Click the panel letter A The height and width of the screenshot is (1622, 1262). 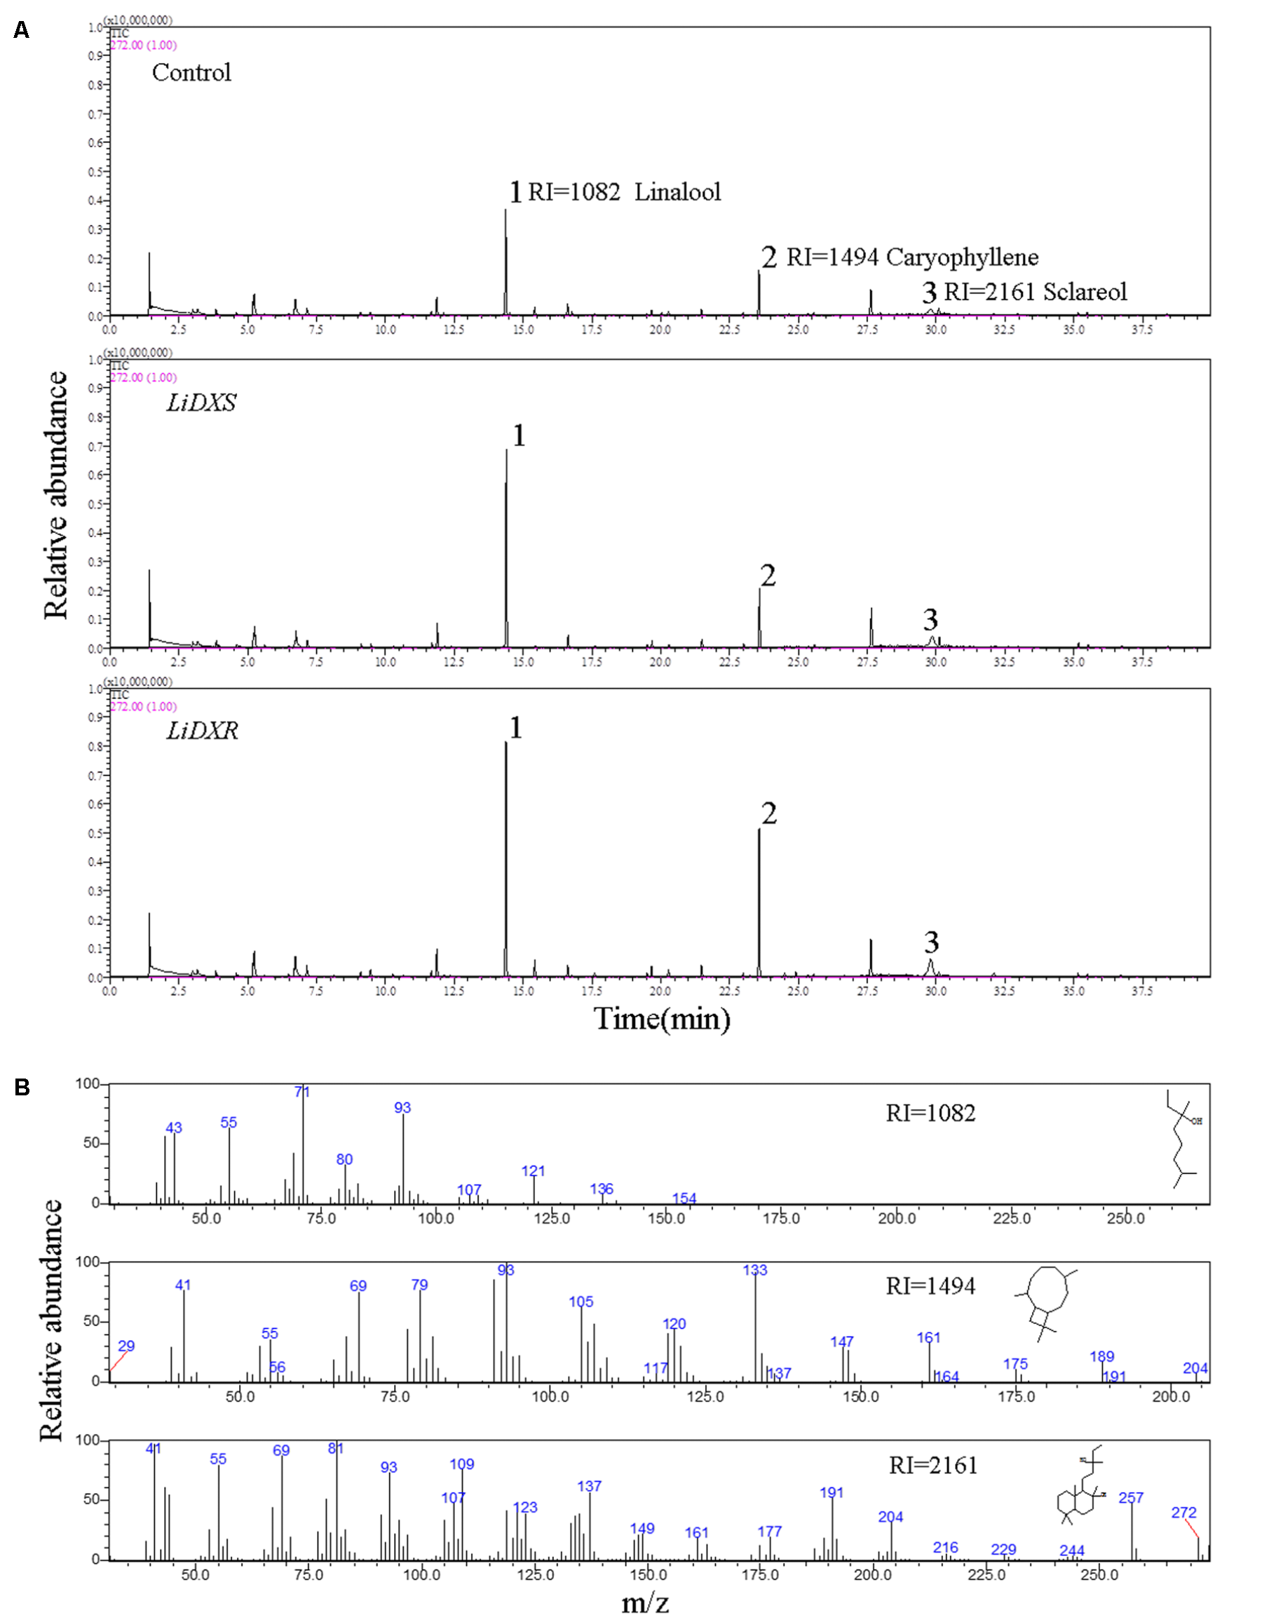pos(22,30)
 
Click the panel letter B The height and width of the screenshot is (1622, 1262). pos(22,1087)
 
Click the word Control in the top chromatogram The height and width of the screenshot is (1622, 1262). pos(191,73)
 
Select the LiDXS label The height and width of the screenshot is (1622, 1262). pos(201,403)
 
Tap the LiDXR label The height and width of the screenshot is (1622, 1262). pos(202,731)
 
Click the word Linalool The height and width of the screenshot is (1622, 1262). pos(677,192)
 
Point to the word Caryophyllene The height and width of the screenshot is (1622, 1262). pos(962,257)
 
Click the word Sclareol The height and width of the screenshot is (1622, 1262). pos(1085,292)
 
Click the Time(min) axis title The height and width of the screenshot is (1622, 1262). pos(661,1018)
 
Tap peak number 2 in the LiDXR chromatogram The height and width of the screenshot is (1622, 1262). pos(769,814)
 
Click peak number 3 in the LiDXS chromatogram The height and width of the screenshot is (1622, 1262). pos(930,619)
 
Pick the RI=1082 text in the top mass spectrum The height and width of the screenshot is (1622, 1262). pos(930,1114)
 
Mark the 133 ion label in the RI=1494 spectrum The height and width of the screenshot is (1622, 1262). pos(755,1271)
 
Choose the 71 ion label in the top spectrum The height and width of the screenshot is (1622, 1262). pos(302,1093)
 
